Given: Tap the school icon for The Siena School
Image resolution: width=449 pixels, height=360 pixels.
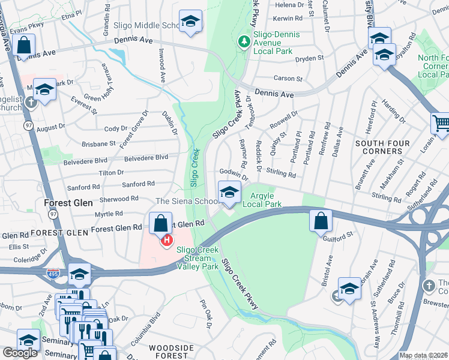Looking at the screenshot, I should point(229,193).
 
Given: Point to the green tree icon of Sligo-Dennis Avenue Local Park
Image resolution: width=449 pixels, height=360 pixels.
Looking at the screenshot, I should point(243,41).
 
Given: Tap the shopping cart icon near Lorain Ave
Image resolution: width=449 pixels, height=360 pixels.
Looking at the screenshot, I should point(441,124).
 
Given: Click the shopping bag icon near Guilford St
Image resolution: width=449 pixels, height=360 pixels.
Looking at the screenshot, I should point(321,221).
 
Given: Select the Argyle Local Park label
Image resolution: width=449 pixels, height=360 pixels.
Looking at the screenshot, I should point(262,200).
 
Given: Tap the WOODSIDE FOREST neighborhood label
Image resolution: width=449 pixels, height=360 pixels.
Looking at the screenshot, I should point(171,352).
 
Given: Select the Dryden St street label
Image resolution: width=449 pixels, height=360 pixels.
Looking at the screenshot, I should point(309,58).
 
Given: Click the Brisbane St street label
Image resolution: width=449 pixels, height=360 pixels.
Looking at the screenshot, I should point(99,144).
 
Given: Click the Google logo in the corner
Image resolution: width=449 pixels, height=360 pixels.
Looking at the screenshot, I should point(20,353).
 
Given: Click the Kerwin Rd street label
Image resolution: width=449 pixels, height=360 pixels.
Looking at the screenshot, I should point(288,19).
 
